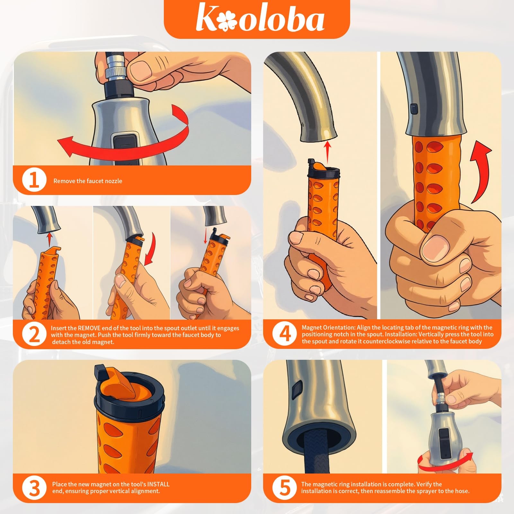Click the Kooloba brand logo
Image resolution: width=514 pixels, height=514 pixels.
(260, 19)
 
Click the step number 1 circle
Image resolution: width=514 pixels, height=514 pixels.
(34, 180)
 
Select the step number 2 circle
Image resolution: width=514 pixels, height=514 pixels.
(34, 334)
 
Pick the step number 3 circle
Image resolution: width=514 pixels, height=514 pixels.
(34, 488)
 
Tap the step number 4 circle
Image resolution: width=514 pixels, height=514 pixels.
(285, 334)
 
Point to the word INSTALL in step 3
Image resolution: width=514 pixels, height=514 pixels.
(158, 484)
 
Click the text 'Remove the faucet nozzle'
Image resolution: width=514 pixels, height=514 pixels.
(88, 181)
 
